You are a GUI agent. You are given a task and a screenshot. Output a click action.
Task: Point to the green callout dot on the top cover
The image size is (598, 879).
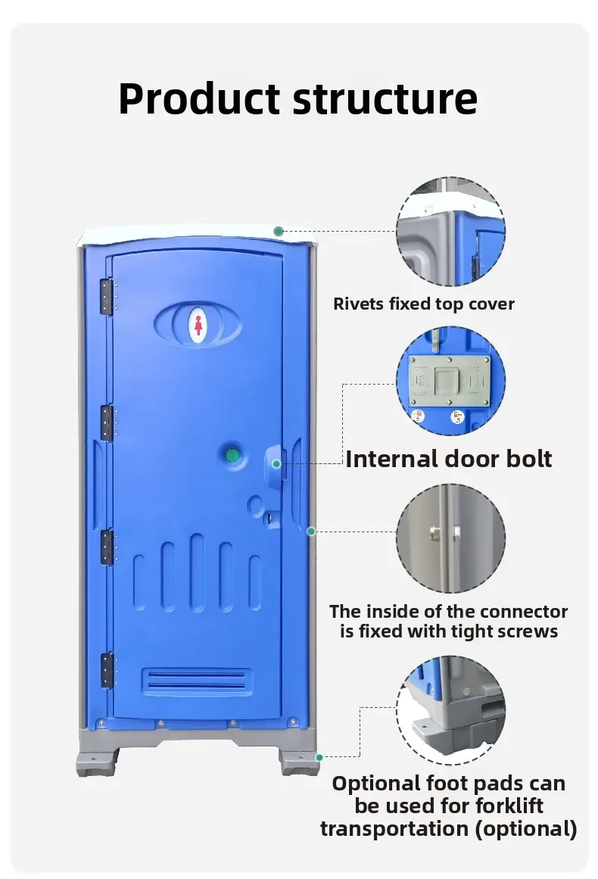(279, 231)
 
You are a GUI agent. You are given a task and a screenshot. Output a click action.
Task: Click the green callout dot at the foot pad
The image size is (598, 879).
(319, 757)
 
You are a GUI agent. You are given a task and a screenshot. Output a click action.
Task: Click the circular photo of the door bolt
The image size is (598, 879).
(450, 381)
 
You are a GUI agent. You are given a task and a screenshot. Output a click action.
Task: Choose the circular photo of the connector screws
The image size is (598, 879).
(450, 538)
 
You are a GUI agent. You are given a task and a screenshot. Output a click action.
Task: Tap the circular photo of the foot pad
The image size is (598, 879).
(450, 710)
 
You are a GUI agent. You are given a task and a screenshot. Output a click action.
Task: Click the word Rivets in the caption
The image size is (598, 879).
(359, 304)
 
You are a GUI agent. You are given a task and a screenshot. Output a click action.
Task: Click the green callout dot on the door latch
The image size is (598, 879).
(277, 463)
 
